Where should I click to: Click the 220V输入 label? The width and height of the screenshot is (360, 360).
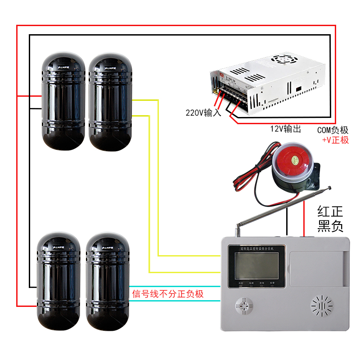(203, 113)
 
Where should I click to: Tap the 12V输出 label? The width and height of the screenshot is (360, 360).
(285, 129)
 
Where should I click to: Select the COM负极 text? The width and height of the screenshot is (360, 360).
(333, 130)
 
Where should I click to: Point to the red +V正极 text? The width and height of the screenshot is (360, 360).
(335, 140)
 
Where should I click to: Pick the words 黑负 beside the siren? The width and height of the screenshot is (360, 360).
(330, 227)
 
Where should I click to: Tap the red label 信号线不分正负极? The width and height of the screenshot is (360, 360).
(168, 294)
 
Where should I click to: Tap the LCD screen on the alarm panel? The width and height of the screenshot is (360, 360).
(255, 266)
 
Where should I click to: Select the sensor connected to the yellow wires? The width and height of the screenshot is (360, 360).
(110, 101)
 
